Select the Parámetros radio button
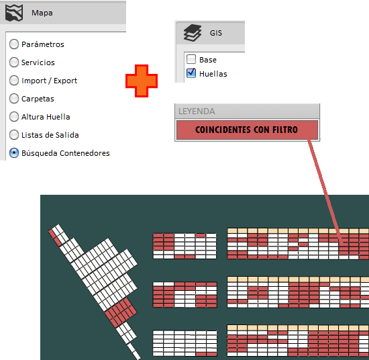point(14,44)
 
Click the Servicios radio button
point(14,62)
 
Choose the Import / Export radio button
point(14,81)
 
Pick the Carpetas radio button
point(14,99)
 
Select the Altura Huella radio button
point(14,117)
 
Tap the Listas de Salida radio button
point(14,135)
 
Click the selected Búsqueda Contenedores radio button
point(14,153)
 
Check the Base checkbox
point(191,59)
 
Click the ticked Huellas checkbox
point(191,73)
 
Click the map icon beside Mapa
point(14,13)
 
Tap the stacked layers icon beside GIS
point(193,33)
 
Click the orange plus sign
point(142,81)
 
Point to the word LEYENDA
point(197,111)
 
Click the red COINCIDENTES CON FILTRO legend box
point(247,130)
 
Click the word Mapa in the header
point(42,13)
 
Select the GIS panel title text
point(216,33)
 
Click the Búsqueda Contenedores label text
point(66,153)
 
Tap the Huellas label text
point(213,74)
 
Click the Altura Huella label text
point(46,117)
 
